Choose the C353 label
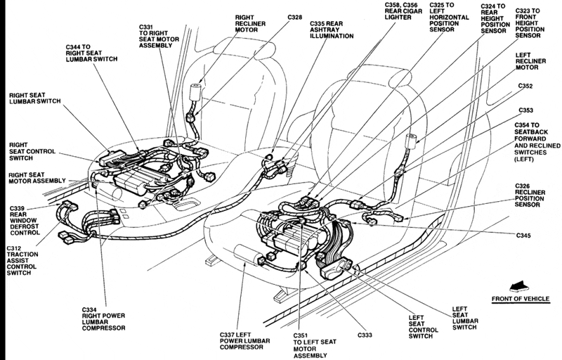coord(526,110)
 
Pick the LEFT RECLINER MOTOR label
coord(532,61)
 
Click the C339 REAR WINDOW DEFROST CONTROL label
coord(27,219)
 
